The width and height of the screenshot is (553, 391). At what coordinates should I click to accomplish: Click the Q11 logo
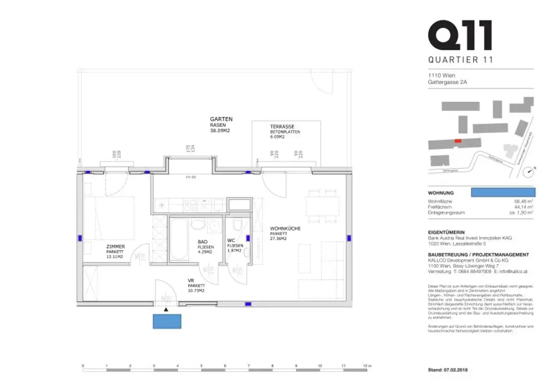460,35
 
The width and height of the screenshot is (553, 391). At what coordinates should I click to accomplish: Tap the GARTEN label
221,119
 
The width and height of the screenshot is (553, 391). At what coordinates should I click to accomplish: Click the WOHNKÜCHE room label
285,229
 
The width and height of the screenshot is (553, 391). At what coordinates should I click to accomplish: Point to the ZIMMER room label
116,247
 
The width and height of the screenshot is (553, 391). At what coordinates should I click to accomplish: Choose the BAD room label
203,242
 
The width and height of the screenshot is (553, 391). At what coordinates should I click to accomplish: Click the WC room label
230,240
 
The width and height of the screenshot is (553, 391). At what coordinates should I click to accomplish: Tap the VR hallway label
191,280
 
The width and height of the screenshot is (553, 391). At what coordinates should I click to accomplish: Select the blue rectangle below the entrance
167,321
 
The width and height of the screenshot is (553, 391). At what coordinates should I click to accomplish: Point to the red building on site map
458,141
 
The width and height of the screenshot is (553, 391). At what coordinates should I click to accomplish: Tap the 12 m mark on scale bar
367,366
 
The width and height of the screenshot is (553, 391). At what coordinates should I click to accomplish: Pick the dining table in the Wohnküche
322,207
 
